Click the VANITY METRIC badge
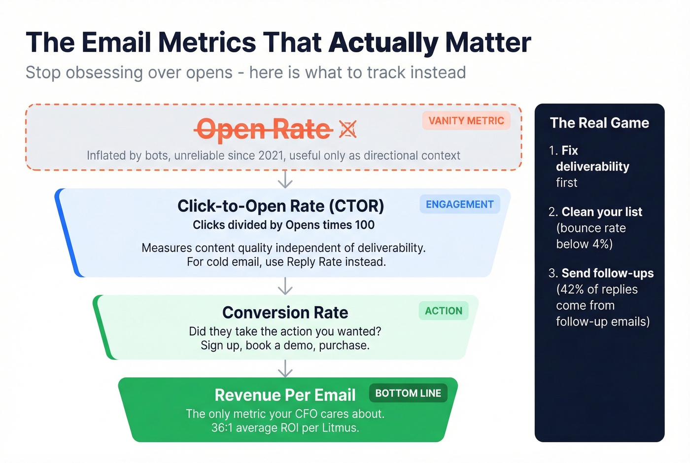466,121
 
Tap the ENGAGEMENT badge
459,205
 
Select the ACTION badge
444,311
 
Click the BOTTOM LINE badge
408,393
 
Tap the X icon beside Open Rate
348,130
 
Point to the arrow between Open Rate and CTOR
285,179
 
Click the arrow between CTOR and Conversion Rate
285,286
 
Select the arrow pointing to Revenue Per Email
285,368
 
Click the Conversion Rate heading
285,313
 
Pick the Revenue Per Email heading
285,395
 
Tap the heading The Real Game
599,123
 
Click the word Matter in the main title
488,42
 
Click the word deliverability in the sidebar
592,167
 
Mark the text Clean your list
602,212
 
